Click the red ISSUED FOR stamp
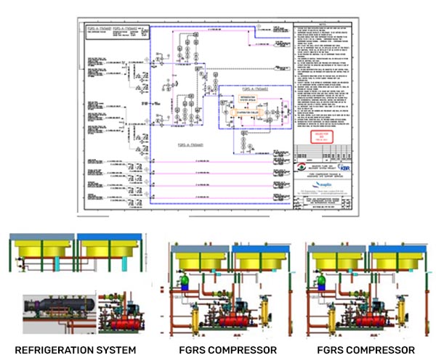[x=323, y=136]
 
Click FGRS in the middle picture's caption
[x=187, y=351]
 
